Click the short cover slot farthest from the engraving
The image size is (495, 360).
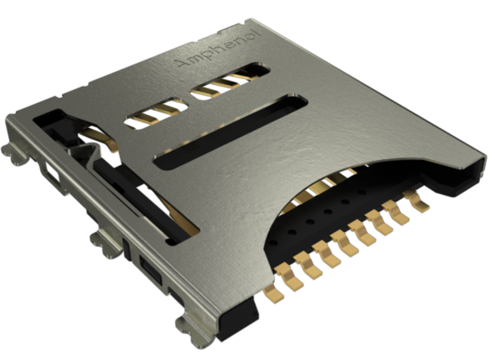pos(156,113)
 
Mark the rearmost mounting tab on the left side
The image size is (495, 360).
pos(16,154)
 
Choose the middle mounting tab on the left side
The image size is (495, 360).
pos(103,241)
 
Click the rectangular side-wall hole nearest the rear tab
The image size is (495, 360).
pos(52,174)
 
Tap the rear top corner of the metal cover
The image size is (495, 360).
pos(250,22)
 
